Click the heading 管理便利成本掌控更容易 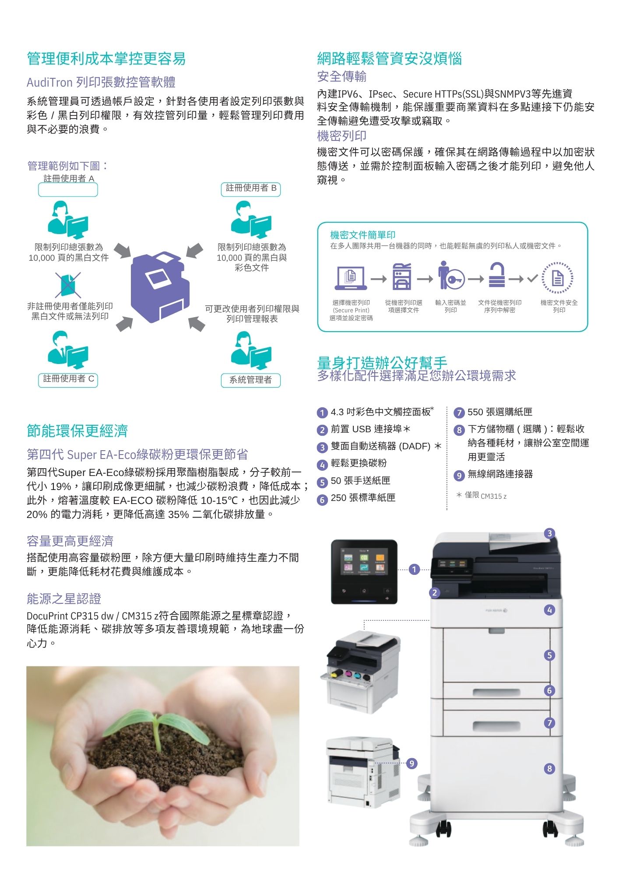pos(106,59)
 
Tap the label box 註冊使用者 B pos(251,189)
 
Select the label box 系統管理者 pos(251,380)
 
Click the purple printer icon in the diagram pos(160,287)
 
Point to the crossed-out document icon pos(68,285)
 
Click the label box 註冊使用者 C pos(68,379)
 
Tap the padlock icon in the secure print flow pos(496,275)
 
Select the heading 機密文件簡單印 pos(363,235)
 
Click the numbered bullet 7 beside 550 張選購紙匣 pos(459,413)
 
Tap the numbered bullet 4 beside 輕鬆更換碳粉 pos(322,465)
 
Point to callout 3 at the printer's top pos(550,533)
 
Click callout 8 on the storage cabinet pos(550,769)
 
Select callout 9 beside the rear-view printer pos(412,763)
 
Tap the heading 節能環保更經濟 pos(77,431)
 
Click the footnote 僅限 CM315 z pos(481,495)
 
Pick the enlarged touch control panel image pos(364,572)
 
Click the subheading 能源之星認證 pos(64,598)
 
